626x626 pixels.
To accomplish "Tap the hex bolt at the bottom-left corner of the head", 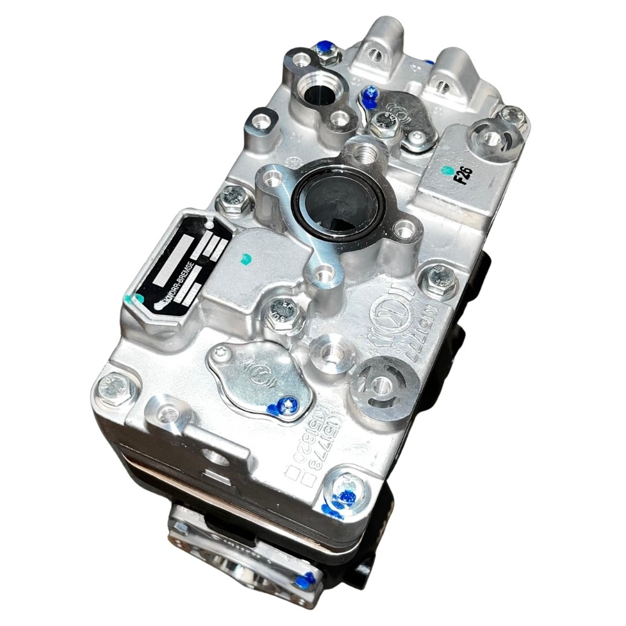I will point(115,387).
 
